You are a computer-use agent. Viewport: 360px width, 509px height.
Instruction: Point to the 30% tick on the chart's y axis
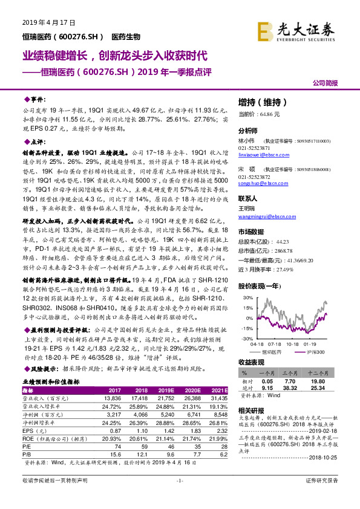point(247,298)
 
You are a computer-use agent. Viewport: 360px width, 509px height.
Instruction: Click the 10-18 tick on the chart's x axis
point(294,343)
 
